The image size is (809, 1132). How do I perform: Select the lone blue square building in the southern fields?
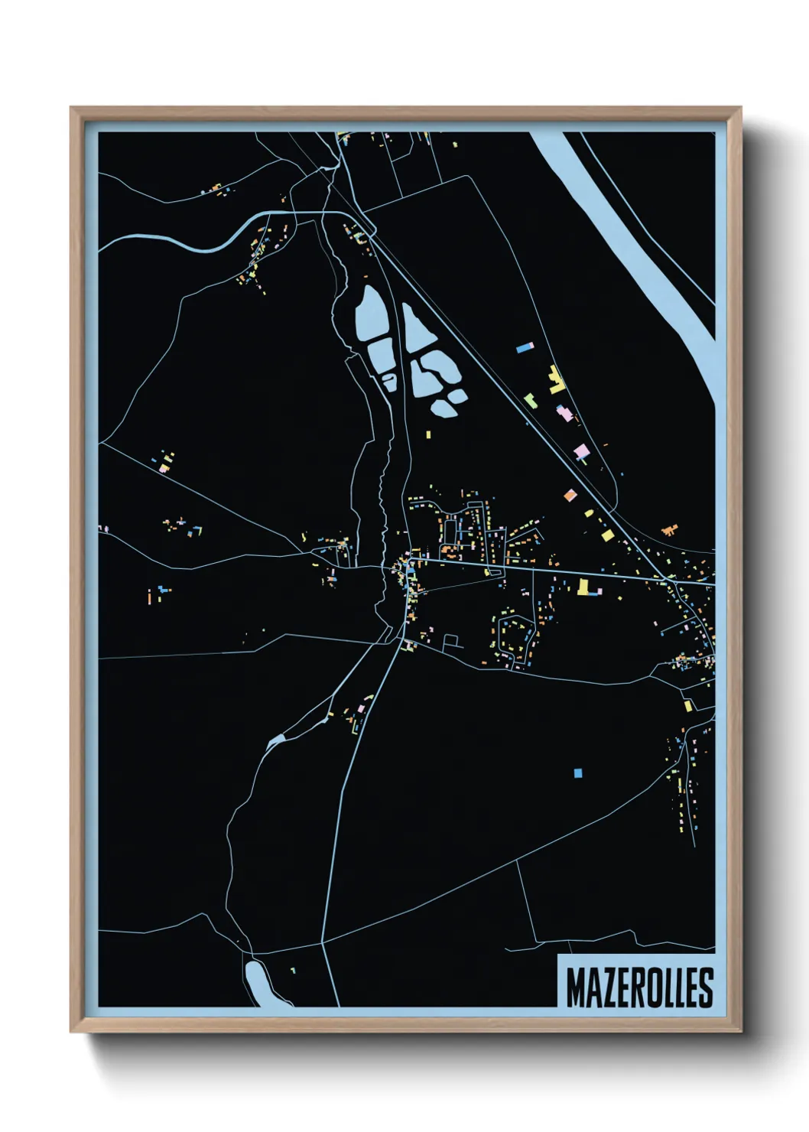[x=578, y=773]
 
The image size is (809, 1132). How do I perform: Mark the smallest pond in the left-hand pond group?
[x=389, y=380]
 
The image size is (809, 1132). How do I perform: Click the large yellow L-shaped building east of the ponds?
[x=556, y=380]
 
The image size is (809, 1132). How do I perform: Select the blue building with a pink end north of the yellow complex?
[x=525, y=347]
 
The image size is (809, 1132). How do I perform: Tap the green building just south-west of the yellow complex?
[x=529, y=398]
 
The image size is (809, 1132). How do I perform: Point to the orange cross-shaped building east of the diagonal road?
[x=670, y=529]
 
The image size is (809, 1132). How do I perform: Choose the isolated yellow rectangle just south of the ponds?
[x=428, y=434]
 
